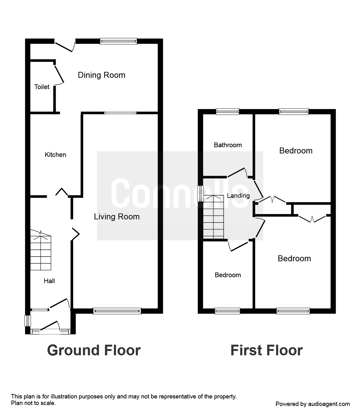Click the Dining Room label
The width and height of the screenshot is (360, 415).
pos(101,75)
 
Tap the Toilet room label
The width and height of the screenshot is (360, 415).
pos(42,87)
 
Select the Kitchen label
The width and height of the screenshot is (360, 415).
pos(55,155)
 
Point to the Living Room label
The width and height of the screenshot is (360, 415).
pos(117,217)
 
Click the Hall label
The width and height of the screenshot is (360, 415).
pos(49,281)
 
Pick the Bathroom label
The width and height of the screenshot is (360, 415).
pos(228,145)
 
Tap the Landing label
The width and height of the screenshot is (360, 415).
pos(238,196)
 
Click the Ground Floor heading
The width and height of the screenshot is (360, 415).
pos(94,350)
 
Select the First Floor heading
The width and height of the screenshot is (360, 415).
pos(266,350)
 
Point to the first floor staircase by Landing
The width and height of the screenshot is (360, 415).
pos(214,217)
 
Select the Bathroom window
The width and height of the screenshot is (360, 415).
pos(227,111)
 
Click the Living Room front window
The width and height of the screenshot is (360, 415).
pos(117,311)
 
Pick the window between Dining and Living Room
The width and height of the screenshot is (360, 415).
pos(120,113)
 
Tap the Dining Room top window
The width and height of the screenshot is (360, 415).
pos(119,41)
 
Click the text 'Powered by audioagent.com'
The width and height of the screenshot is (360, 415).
pos(312,404)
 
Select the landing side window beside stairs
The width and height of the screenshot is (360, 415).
pos(200,194)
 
